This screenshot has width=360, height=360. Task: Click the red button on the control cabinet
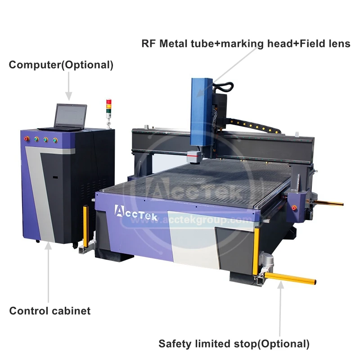tap(27, 138)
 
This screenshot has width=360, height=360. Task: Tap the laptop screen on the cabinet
tap(70, 116)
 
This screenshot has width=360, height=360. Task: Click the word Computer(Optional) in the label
tap(61, 65)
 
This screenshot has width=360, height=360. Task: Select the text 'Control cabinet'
tap(50, 310)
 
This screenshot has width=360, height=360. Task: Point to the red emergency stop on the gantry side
tap(294, 207)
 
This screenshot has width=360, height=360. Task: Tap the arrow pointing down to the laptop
tap(68, 85)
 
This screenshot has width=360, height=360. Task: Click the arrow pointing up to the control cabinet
tap(49, 270)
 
